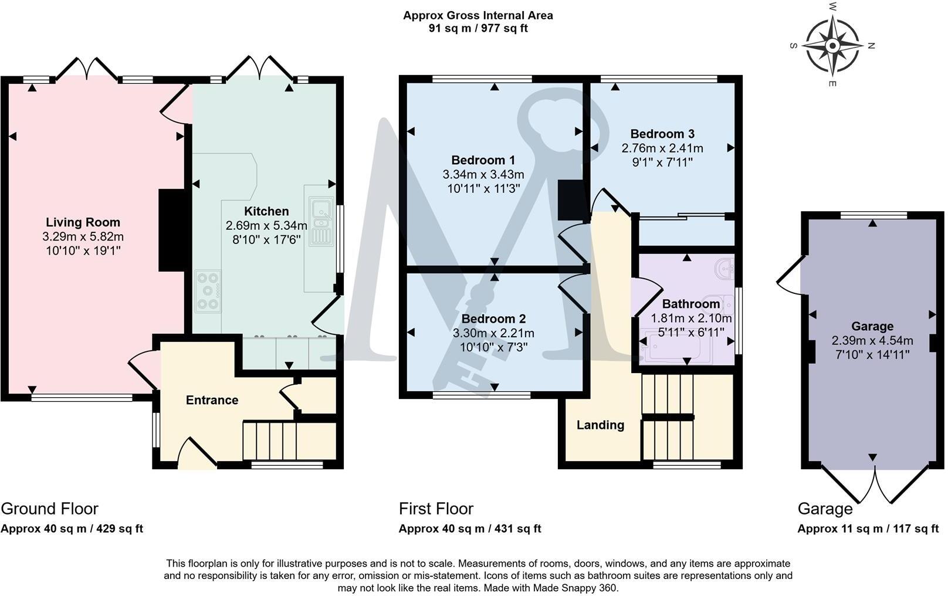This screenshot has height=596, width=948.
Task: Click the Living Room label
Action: pos(83,222)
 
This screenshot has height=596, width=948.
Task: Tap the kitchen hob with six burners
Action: pos(208,291)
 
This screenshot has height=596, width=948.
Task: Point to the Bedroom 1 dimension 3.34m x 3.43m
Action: pos(483,174)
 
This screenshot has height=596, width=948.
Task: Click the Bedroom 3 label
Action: pos(662,134)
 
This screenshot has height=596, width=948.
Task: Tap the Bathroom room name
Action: pos(690,304)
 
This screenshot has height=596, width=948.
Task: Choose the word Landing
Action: pos(600,425)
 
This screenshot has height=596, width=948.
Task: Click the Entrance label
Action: pos(212,400)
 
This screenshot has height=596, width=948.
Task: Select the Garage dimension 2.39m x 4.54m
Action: pos(872,340)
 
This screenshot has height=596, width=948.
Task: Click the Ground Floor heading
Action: pos(49,509)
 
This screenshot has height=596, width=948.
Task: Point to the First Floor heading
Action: pos(436,509)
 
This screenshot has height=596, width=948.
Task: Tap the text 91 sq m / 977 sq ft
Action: pos(478,28)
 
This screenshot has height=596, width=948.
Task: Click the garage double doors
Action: pos(875,484)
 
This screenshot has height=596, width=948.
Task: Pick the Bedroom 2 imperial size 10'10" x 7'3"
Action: pos(493,347)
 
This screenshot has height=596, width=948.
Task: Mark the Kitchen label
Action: pos(266,211)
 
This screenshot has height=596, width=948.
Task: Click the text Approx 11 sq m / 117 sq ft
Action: pos(868,529)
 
